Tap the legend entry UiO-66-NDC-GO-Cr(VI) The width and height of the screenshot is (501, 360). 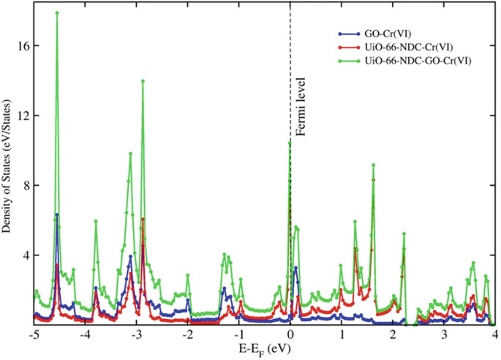(x=410, y=61)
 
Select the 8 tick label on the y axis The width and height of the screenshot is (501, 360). (x=24, y=186)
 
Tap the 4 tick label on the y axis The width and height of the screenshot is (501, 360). (x=24, y=255)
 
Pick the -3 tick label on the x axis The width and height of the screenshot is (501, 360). (x=135, y=334)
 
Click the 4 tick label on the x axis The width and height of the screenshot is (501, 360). (x=494, y=334)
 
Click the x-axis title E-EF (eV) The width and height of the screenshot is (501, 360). (x=264, y=349)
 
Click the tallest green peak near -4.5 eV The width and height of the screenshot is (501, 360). (x=57, y=13)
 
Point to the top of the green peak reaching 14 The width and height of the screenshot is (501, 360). (x=143, y=81)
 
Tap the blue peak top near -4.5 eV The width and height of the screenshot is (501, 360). (x=57, y=215)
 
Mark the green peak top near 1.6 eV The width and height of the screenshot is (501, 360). (x=373, y=165)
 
